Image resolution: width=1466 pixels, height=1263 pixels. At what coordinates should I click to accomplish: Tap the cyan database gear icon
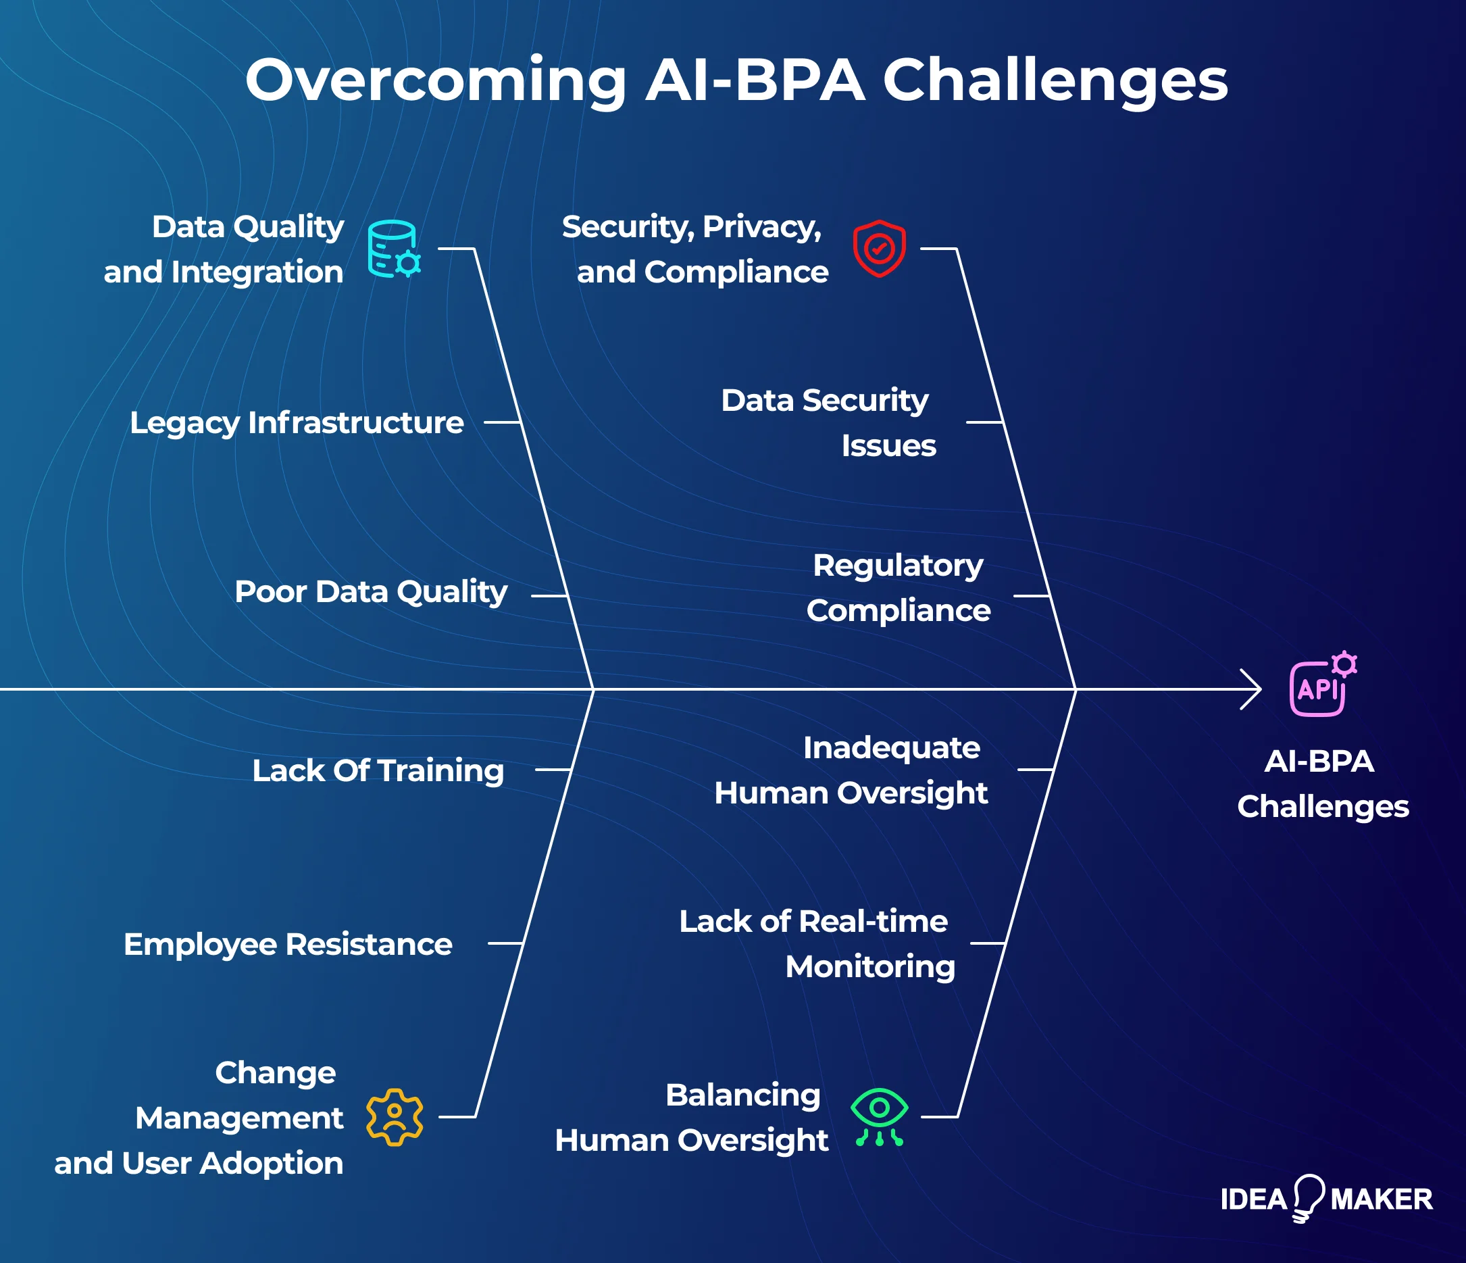click(393, 249)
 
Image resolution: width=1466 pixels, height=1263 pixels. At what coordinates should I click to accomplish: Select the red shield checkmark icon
click(879, 249)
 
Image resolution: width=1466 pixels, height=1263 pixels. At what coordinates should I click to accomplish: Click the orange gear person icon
click(394, 1116)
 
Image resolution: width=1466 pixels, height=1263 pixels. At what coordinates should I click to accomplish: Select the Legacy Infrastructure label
click(297, 422)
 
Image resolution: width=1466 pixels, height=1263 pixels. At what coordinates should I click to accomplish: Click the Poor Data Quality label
click(371, 591)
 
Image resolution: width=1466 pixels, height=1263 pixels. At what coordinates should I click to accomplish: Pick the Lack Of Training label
click(378, 770)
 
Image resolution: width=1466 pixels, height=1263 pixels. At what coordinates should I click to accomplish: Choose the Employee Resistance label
click(288, 944)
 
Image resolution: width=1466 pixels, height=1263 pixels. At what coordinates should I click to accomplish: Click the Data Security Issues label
click(828, 422)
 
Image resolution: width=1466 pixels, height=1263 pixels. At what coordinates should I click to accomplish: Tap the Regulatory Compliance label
click(898, 588)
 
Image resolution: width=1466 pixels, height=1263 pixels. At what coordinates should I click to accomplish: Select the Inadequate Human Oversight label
click(851, 770)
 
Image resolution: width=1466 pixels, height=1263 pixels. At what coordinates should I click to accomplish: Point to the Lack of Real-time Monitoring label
click(817, 944)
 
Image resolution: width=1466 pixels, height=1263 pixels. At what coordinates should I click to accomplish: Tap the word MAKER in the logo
click(1381, 1199)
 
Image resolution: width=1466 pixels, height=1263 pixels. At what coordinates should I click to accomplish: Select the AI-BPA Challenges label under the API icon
click(1321, 784)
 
